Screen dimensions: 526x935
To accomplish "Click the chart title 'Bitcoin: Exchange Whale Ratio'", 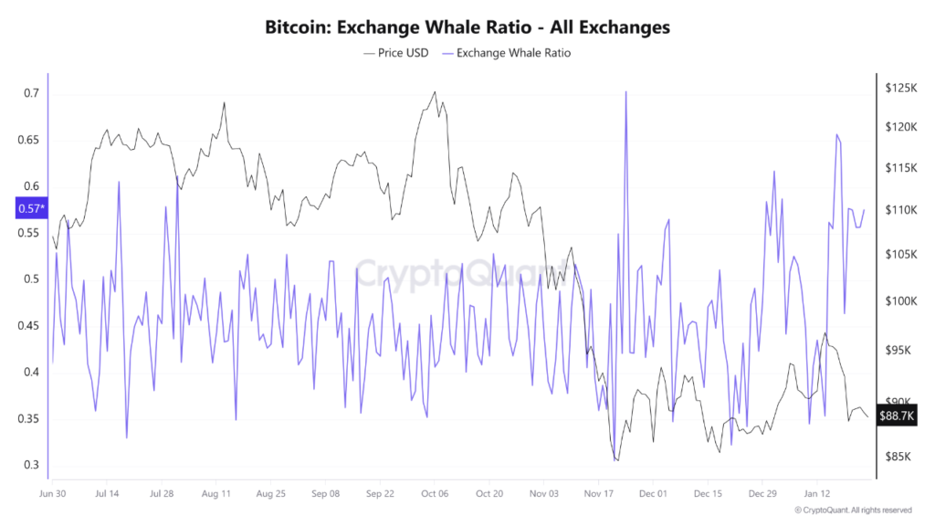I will pyautogui.click(x=467, y=27).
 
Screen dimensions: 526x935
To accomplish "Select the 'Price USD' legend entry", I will pyautogui.click(x=397, y=53).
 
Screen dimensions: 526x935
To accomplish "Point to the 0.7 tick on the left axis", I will pyautogui.click(x=32, y=93).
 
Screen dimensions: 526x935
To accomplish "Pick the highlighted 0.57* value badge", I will pyautogui.click(x=29, y=209).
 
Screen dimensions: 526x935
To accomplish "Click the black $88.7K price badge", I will pyautogui.click(x=897, y=416).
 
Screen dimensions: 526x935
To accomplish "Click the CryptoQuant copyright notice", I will pyautogui.click(x=852, y=510).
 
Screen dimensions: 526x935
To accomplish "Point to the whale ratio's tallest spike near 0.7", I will pyautogui.click(x=625, y=91).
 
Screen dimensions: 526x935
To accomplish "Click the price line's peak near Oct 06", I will pyautogui.click(x=435, y=91).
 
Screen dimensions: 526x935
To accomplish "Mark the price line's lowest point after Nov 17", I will pyautogui.click(x=617, y=461).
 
